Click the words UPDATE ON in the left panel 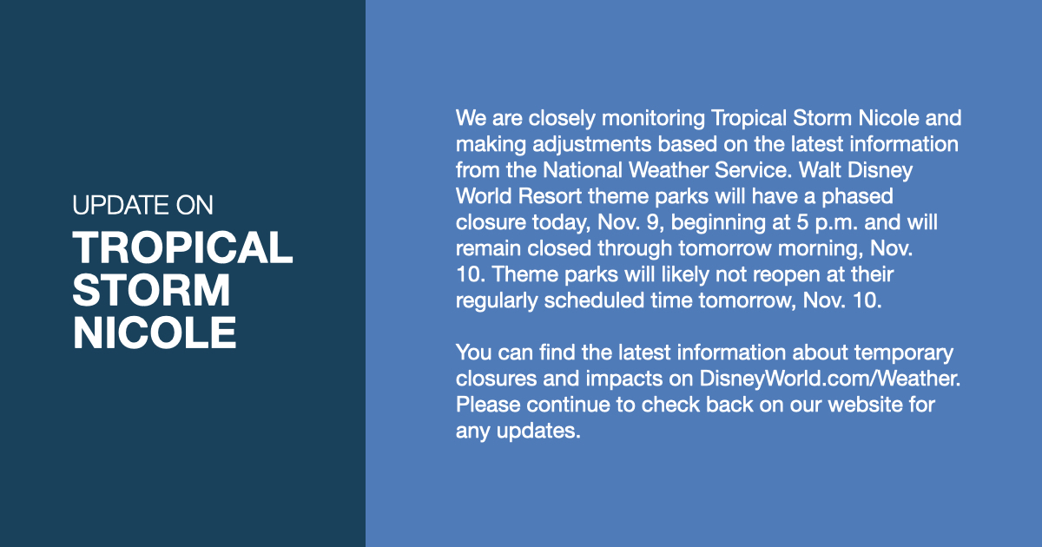[142, 205]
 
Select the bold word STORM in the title [152, 290]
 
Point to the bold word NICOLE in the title [155, 333]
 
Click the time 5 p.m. [821, 222]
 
